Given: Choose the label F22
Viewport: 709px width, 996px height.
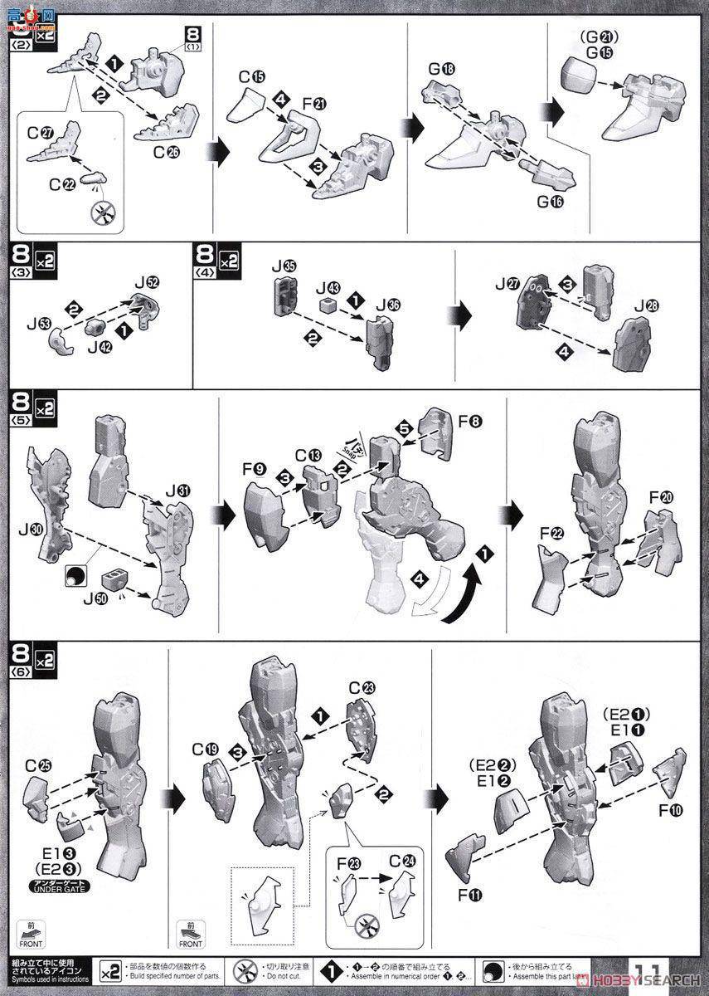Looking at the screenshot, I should coord(551,532).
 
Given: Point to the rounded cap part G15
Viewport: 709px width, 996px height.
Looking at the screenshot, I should coord(572,77).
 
